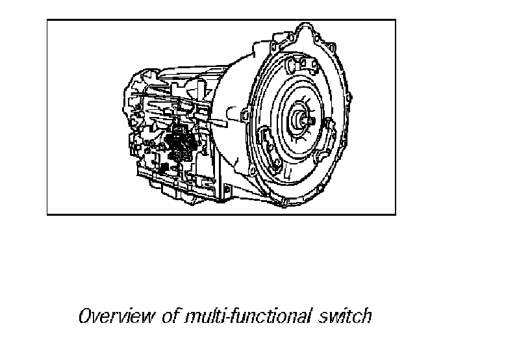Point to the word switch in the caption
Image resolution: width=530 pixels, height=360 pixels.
tap(345, 317)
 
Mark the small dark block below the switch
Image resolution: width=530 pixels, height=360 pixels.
tap(164, 168)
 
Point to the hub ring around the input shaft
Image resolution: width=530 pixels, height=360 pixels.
tap(301, 120)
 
